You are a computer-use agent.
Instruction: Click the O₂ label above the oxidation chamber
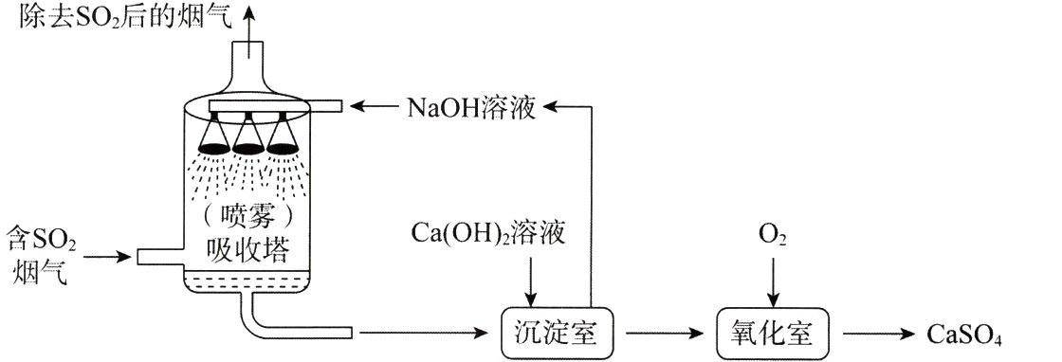click(x=772, y=233)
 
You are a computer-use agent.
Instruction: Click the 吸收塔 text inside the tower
click(x=248, y=250)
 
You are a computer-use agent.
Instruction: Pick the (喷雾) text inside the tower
click(x=248, y=215)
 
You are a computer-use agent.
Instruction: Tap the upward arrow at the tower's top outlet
click(x=249, y=24)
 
